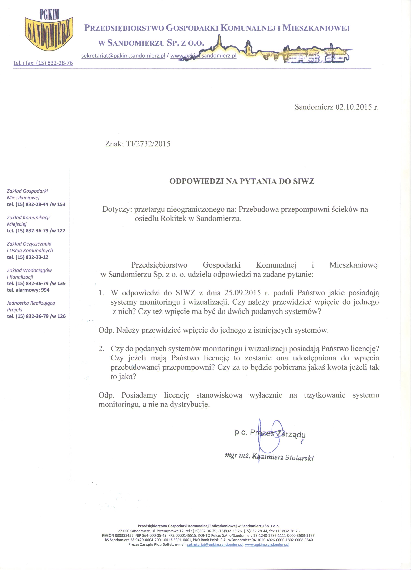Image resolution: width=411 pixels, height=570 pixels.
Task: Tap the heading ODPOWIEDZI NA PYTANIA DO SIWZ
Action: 242,181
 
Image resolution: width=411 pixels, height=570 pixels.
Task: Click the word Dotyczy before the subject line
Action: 117,209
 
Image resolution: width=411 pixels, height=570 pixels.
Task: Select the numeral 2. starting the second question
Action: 101,349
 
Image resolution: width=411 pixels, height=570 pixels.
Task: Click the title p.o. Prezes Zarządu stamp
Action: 270,433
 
